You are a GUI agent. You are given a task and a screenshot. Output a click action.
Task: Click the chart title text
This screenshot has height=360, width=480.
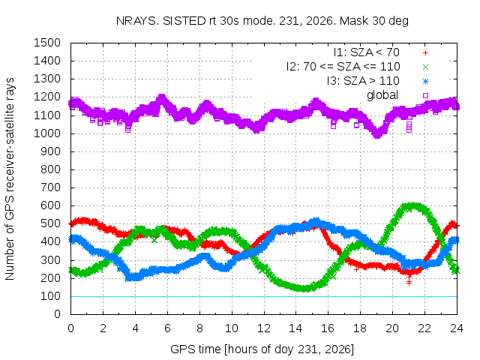click(x=262, y=21)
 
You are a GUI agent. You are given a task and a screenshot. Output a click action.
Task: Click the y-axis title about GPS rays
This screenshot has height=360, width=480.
click(x=10, y=178)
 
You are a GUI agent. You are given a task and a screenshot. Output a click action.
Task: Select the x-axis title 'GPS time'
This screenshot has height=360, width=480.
click(x=262, y=349)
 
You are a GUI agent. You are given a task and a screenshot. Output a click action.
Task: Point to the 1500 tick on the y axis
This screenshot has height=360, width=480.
click(x=47, y=43)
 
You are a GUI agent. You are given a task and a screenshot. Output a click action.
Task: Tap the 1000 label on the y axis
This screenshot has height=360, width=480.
click(x=47, y=133)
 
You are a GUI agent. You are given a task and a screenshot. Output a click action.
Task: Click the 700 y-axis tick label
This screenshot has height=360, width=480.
click(x=50, y=187)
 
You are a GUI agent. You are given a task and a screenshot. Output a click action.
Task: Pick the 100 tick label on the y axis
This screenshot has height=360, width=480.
click(x=50, y=296)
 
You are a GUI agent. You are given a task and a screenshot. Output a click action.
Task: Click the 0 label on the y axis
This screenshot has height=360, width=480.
click(x=57, y=314)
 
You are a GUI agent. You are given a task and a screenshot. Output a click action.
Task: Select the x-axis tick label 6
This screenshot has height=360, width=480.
click(x=167, y=328)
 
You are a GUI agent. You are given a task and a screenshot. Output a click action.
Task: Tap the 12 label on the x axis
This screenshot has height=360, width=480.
click(x=264, y=328)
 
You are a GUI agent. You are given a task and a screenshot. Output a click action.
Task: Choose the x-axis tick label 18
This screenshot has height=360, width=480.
click(x=360, y=328)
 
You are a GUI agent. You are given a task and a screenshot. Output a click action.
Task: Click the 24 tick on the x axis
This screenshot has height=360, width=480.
click(x=457, y=328)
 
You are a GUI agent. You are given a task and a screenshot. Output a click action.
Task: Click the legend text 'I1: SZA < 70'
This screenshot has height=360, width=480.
click(x=367, y=52)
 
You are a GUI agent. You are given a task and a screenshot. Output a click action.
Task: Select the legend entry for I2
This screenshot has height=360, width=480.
click(x=343, y=67)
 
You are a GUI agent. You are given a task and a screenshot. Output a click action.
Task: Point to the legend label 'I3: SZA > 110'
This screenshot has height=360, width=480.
click(x=363, y=81)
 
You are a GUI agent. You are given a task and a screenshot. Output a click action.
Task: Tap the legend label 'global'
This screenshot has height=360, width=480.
click(x=382, y=95)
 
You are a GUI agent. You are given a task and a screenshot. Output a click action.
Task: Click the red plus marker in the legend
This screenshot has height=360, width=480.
click(x=425, y=53)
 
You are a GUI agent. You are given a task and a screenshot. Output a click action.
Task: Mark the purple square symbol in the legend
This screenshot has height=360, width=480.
click(x=425, y=95)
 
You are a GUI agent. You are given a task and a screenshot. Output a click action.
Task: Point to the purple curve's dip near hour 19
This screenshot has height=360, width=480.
click(x=377, y=134)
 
